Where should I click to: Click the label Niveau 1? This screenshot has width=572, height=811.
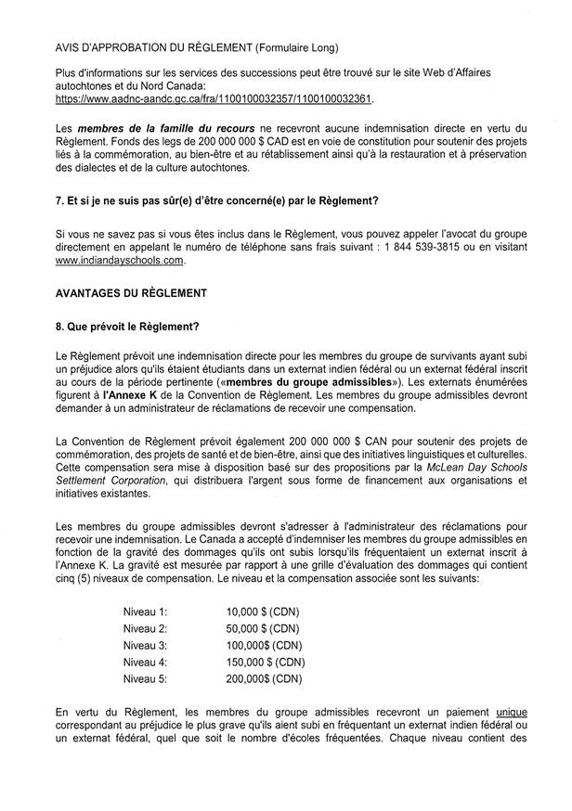click(145, 611)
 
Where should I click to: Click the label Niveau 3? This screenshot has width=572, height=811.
click(145, 645)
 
